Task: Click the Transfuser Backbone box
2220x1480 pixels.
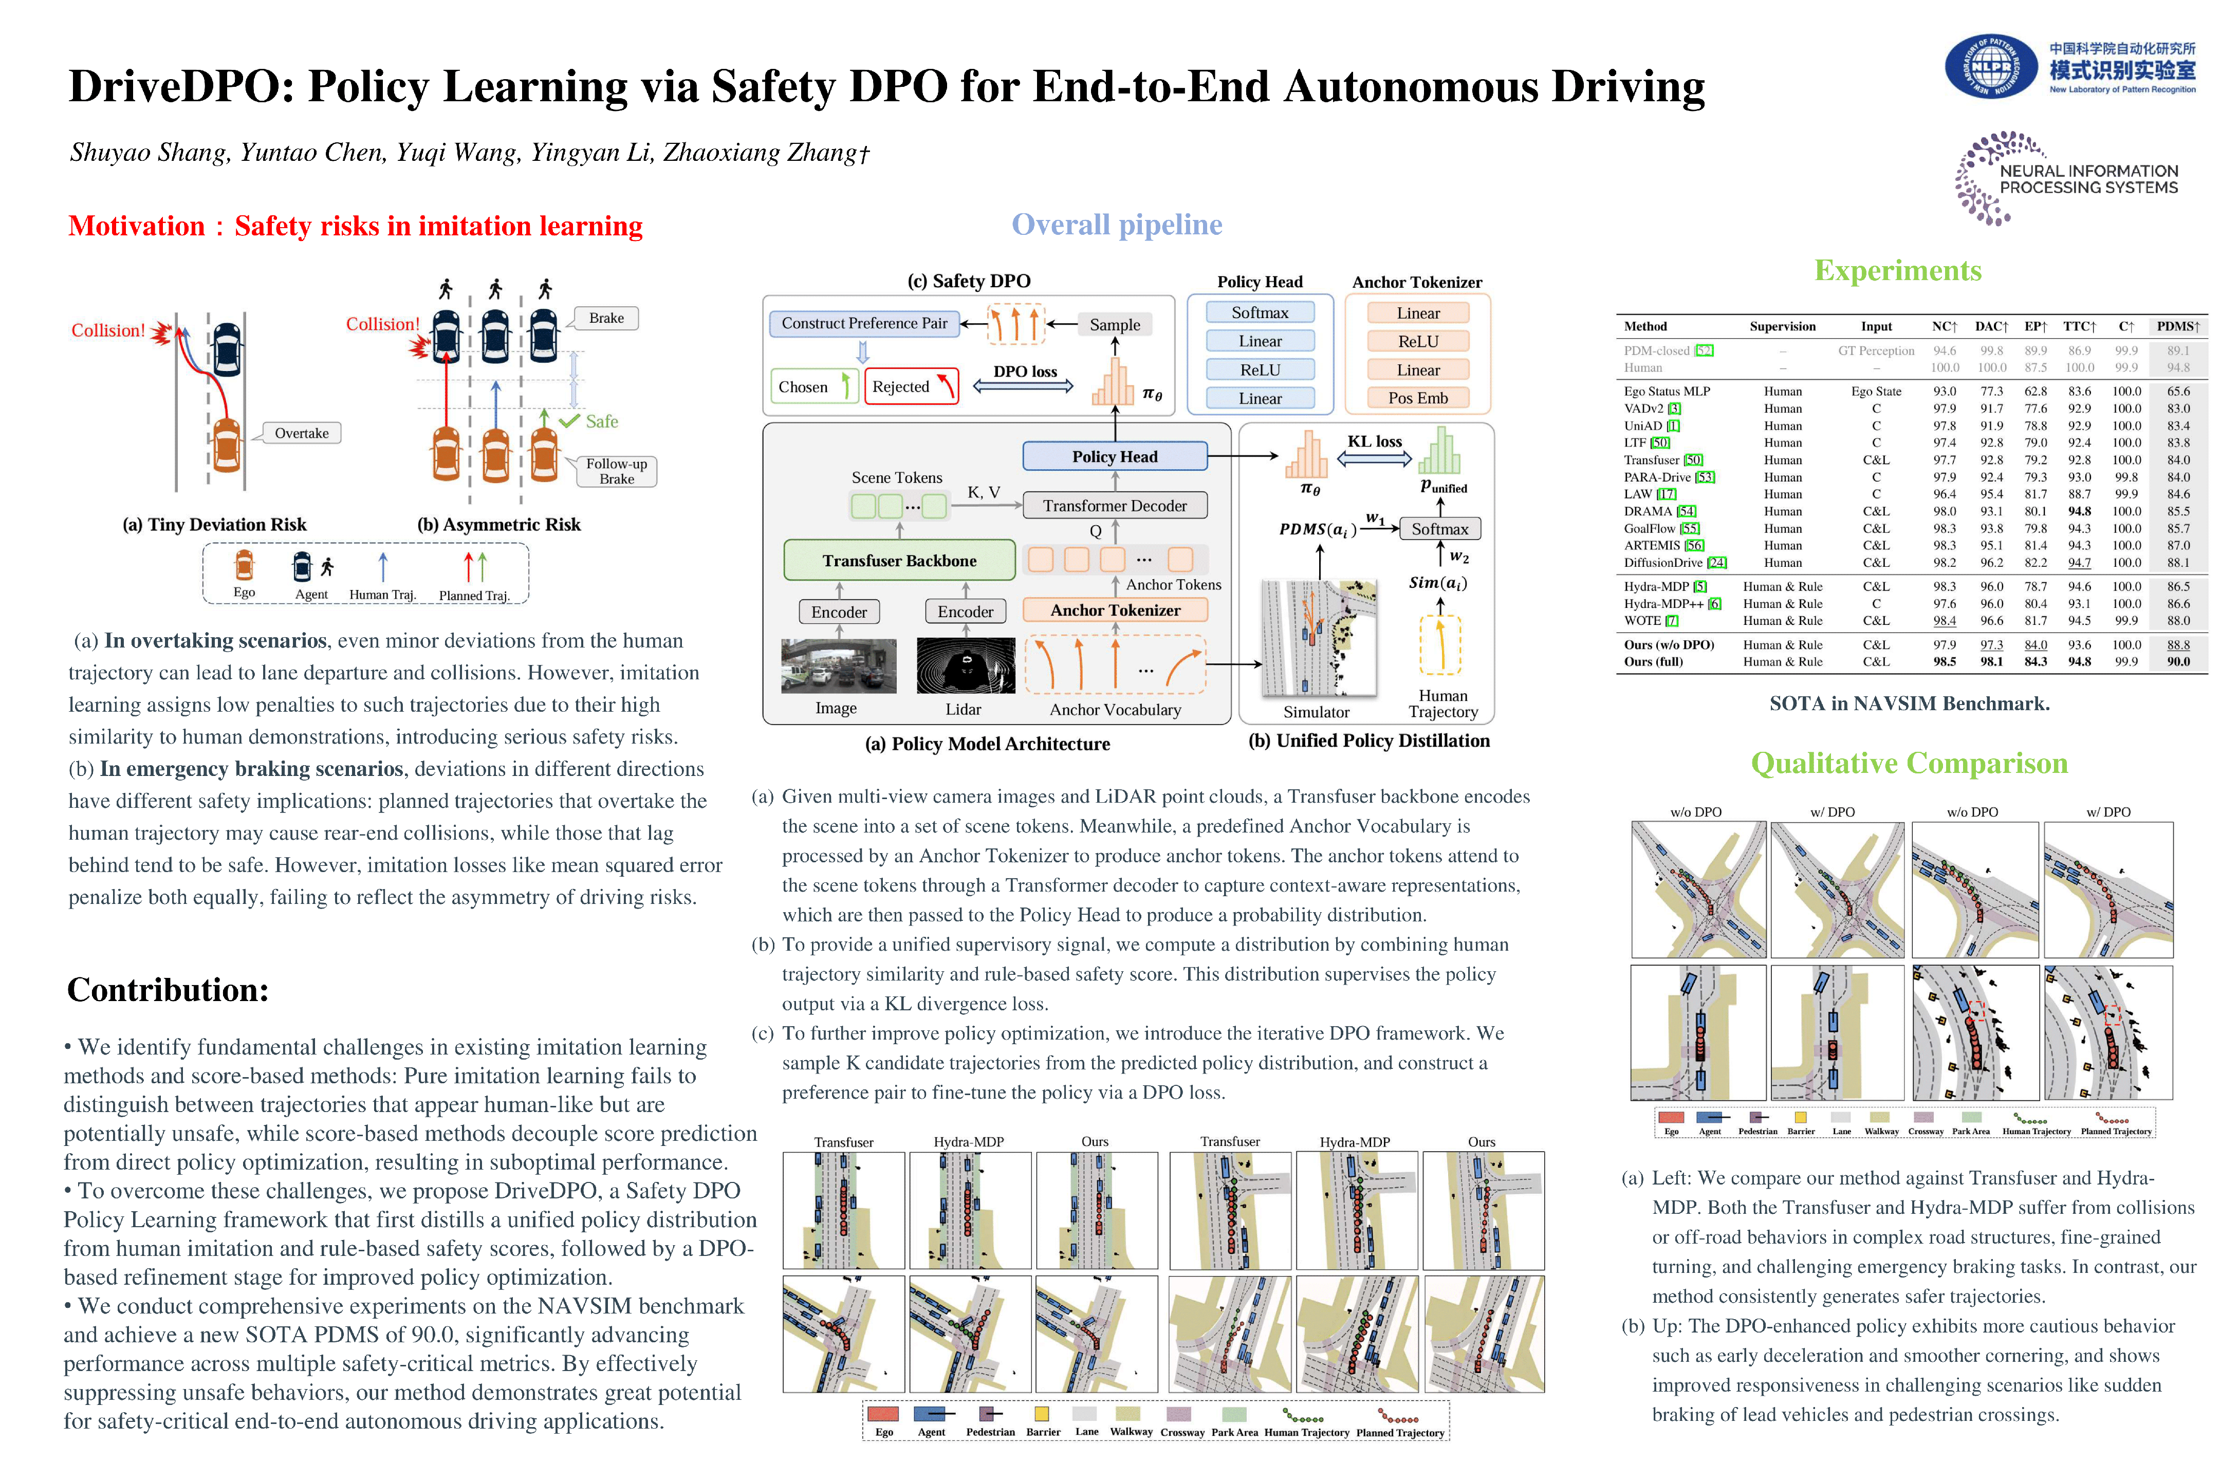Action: pyautogui.click(x=899, y=561)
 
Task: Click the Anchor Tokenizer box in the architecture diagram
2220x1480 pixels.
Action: pyautogui.click(x=1115, y=610)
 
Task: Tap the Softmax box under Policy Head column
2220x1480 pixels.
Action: pyautogui.click(x=1259, y=312)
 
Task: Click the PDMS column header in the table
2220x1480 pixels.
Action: pyautogui.click(x=2177, y=327)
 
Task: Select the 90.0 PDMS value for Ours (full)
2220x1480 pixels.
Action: pyautogui.click(x=2177, y=662)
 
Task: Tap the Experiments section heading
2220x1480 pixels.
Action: pyautogui.click(x=1897, y=271)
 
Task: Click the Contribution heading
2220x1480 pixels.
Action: pyautogui.click(x=168, y=990)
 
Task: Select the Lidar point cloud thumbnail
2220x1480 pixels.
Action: pyautogui.click(x=965, y=667)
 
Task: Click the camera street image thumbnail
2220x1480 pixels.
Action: pyautogui.click(x=838, y=667)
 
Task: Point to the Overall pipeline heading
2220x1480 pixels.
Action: pyautogui.click(x=1117, y=225)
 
